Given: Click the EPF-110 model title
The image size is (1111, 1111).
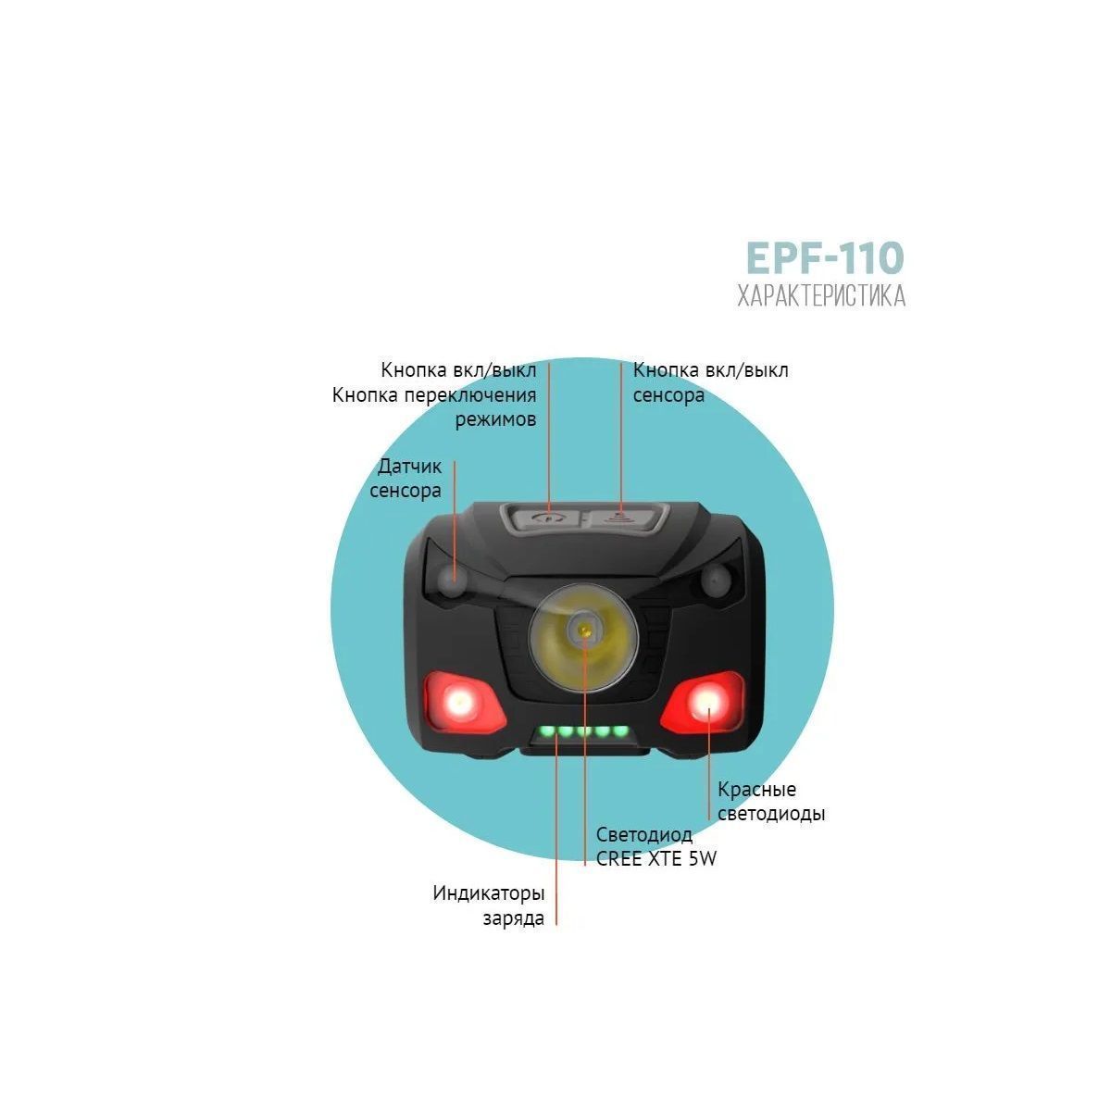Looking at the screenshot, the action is tap(825, 258).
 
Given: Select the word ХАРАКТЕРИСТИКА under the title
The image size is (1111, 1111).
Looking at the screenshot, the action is tap(821, 295).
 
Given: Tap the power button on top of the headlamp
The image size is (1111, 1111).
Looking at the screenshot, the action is tap(546, 518).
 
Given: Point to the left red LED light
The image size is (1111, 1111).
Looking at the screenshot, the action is tap(461, 703).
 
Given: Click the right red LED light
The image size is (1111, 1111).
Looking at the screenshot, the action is tap(705, 702).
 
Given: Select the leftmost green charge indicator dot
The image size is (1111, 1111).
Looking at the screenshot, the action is tap(546, 732).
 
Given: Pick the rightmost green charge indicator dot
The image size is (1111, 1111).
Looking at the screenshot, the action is tap(620, 731).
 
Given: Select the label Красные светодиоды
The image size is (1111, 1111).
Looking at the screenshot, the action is tap(771, 802).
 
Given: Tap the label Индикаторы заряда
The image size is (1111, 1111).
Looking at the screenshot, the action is tap(489, 905).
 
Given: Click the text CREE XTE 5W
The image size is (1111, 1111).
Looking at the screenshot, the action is tap(656, 858).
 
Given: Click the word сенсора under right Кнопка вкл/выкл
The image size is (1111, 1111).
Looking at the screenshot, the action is tap(668, 395).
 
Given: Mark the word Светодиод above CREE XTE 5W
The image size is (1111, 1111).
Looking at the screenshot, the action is tap(644, 835).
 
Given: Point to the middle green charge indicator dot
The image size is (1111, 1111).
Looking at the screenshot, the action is tap(583, 732).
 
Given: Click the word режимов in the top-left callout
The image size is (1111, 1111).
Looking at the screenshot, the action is tap(496, 420).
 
